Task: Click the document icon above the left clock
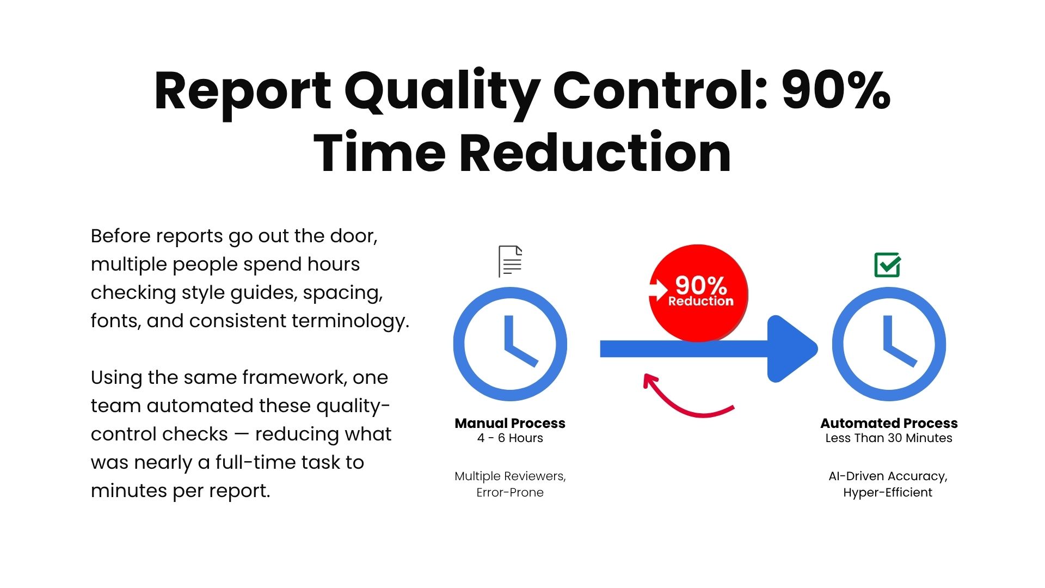click(511, 261)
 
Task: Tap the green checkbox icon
click(887, 265)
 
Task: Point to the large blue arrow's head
click(792, 349)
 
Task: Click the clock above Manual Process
click(511, 344)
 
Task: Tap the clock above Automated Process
click(889, 344)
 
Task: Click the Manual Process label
click(510, 423)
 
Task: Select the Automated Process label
click(889, 423)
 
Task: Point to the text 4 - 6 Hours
click(510, 438)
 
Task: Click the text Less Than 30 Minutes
click(889, 438)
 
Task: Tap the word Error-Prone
click(510, 493)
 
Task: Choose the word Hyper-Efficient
click(888, 493)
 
